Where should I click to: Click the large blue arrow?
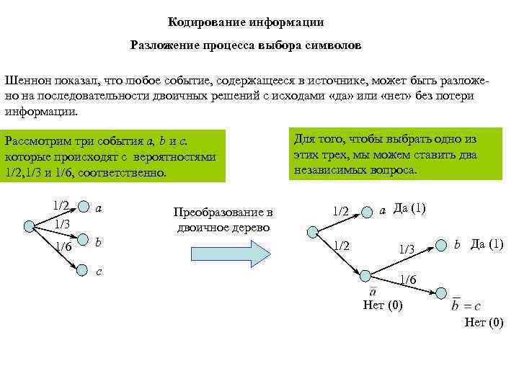point(229,254)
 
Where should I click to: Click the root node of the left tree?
point(29,226)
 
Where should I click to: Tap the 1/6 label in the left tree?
point(63,247)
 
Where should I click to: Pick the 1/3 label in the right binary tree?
point(407,249)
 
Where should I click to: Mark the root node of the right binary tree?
point(312,231)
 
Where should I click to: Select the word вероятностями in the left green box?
point(179,157)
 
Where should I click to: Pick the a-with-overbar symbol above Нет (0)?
point(373,290)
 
